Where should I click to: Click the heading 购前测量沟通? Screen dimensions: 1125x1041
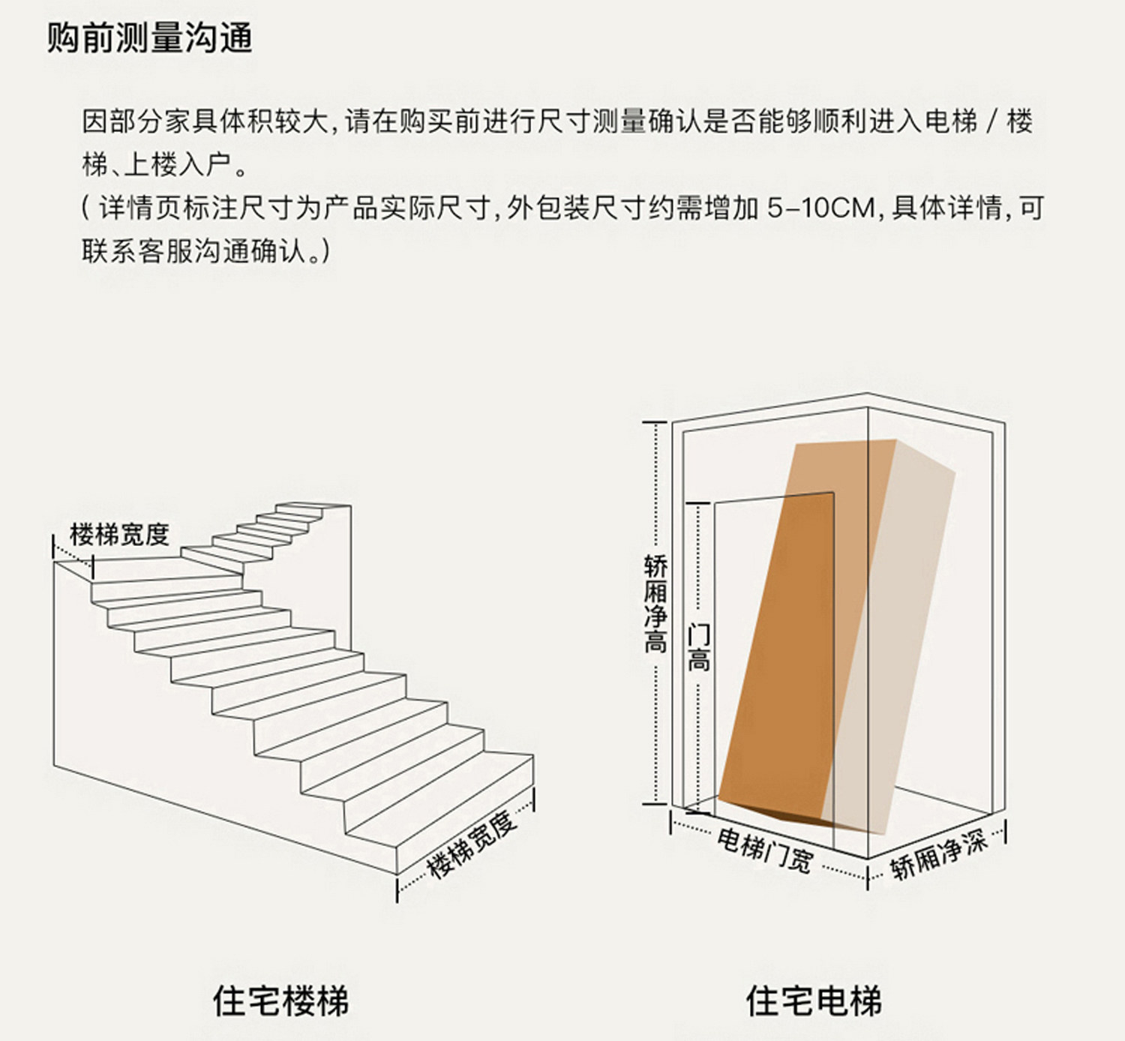(x=150, y=38)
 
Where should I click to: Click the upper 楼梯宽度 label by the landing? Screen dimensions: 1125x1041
(x=119, y=535)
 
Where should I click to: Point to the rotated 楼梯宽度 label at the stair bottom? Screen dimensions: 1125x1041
(x=472, y=842)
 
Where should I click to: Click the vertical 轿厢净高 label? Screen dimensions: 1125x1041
(x=655, y=604)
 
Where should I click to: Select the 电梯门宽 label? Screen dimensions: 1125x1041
(x=764, y=850)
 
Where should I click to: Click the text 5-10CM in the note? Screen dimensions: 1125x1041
(x=820, y=208)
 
